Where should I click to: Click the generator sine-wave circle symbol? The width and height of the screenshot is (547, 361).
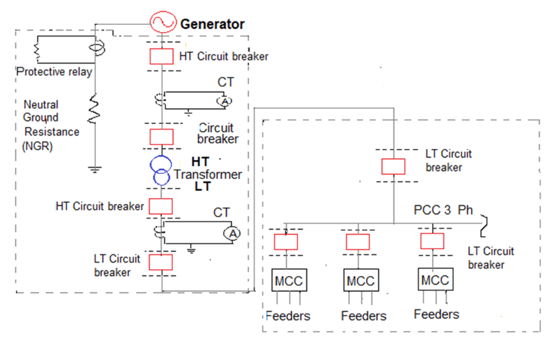click(162, 24)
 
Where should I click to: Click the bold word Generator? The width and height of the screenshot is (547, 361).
click(213, 24)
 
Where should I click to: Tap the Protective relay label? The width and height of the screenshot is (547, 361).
click(54, 72)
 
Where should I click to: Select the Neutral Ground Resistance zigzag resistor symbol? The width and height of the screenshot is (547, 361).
click(94, 110)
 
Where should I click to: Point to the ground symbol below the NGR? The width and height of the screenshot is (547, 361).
click(94, 169)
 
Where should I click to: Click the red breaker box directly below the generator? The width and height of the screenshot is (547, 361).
click(162, 56)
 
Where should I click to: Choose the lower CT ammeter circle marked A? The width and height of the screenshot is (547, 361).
click(233, 234)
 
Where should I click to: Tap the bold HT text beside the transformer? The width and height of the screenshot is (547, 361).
click(200, 162)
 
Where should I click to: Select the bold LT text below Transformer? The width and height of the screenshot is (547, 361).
click(202, 187)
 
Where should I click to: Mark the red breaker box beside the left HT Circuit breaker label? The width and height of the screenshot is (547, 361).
click(161, 205)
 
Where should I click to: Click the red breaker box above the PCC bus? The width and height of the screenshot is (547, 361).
click(393, 166)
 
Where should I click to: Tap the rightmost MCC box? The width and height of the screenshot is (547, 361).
click(435, 279)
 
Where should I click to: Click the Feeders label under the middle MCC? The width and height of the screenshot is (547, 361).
click(363, 316)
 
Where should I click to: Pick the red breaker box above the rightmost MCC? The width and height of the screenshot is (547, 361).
click(432, 241)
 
